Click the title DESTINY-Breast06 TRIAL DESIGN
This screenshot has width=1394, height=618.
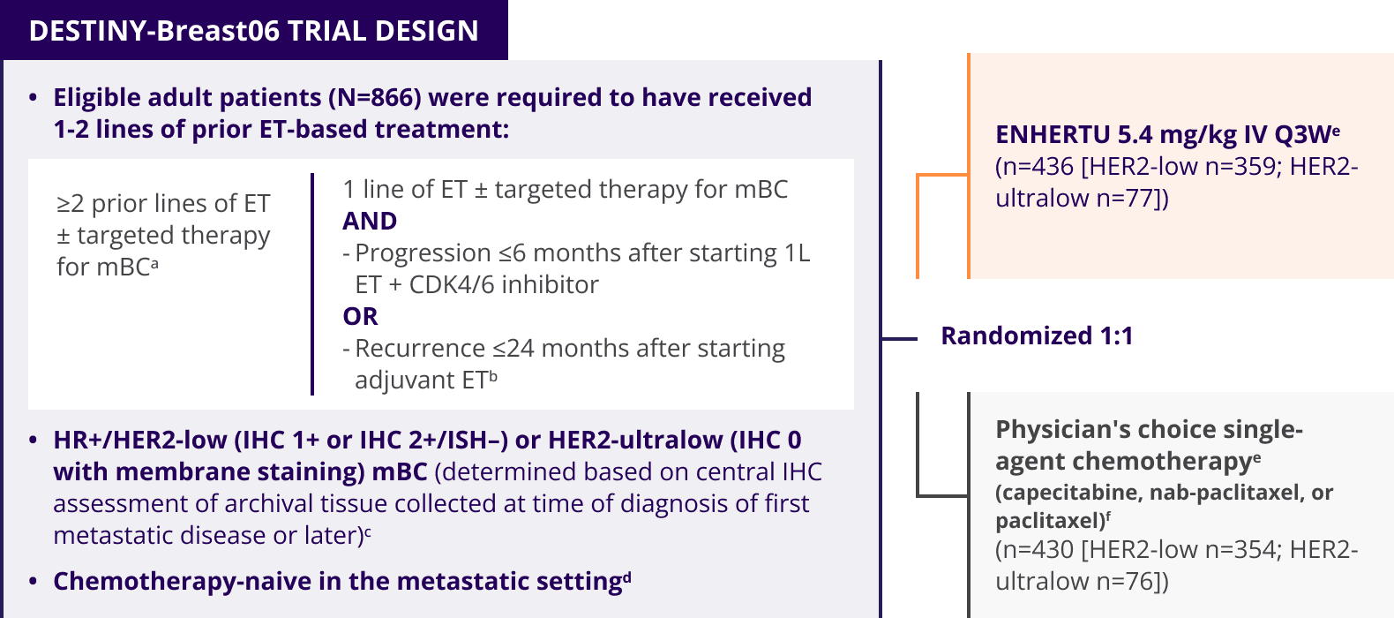pos(254,31)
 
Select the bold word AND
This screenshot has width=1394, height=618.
pos(370,222)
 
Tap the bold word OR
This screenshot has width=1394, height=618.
pos(360,316)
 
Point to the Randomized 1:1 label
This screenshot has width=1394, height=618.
pos(1037,335)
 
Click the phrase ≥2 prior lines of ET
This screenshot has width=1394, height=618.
pos(163,204)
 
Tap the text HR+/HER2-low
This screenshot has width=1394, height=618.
pos(139,440)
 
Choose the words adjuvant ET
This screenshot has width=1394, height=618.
pos(422,380)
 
